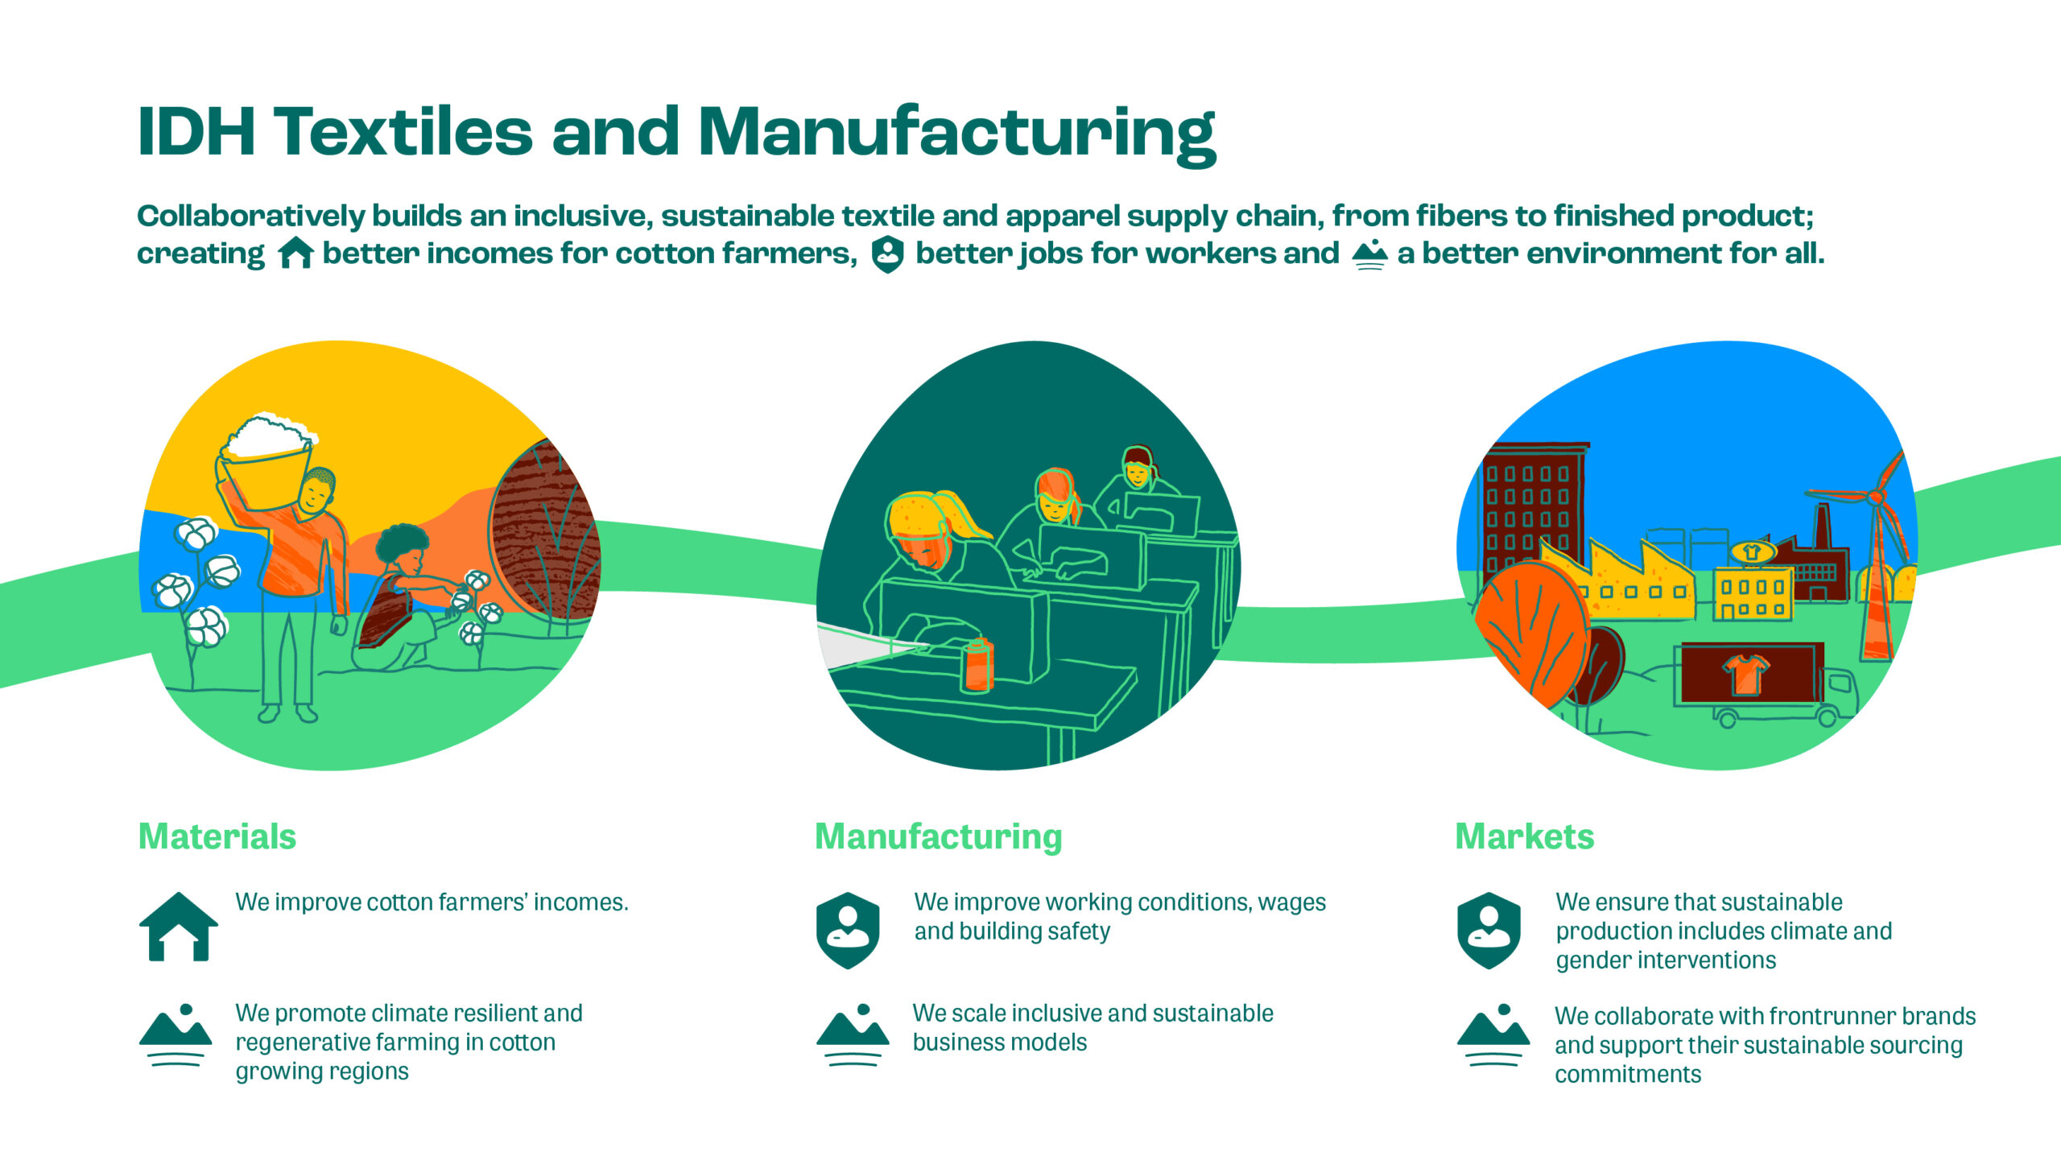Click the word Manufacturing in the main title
point(956,133)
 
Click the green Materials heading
point(217,836)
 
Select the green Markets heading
point(1524,836)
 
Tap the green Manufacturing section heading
point(938,836)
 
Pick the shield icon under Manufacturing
point(848,930)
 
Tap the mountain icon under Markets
point(1493,1035)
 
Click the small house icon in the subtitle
point(295,253)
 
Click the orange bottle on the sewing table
point(977,665)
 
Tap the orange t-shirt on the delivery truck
point(1745,673)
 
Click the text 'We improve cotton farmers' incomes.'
point(432,902)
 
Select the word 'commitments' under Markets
point(1628,1075)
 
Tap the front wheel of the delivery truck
point(1828,716)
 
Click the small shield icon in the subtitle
point(887,254)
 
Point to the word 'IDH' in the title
point(196,133)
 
